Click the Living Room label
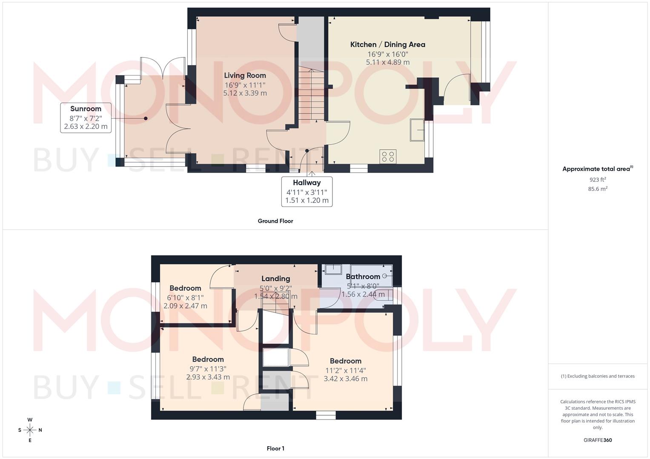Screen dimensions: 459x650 coord(245,76)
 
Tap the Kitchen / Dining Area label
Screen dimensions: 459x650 coord(387,45)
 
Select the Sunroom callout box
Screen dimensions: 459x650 coord(86,118)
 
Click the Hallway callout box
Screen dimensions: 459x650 coord(306,191)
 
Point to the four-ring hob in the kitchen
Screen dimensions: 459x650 coord(388,156)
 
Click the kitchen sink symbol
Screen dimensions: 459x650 coord(417,130)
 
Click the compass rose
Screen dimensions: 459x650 coord(30,430)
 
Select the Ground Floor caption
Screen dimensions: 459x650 coord(275,221)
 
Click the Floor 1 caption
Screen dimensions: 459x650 coord(275,448)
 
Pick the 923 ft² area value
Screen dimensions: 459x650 coord(597,180)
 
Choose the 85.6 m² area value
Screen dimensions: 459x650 coord(597,189)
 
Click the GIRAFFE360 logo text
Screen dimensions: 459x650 coord(597,440)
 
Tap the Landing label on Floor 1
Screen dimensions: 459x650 coord(275,279)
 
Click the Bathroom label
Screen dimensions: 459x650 coord(363,277)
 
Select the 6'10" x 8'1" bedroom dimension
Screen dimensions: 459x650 coord(185,297)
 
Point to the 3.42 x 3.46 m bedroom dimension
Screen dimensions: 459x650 coord(345,379)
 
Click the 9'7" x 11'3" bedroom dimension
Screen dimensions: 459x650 coord(208,369)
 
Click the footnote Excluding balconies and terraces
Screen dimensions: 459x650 coord(597,376)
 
